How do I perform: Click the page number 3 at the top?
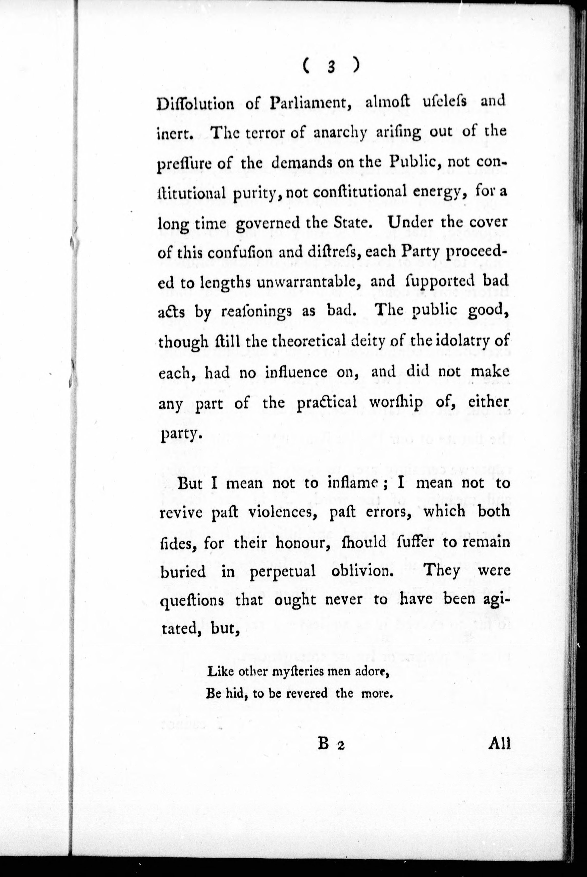tap(330, 67)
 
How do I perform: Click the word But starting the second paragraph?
tap(190, 484)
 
